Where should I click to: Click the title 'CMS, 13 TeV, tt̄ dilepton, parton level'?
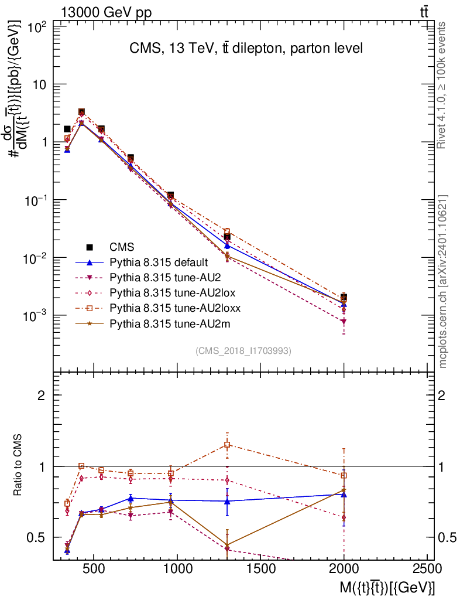tap(246, 49)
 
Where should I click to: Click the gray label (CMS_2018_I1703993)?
tap(243, 351)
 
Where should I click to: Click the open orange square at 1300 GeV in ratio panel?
tap(227, 444)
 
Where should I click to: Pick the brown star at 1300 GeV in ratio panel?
tap(227, 544)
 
